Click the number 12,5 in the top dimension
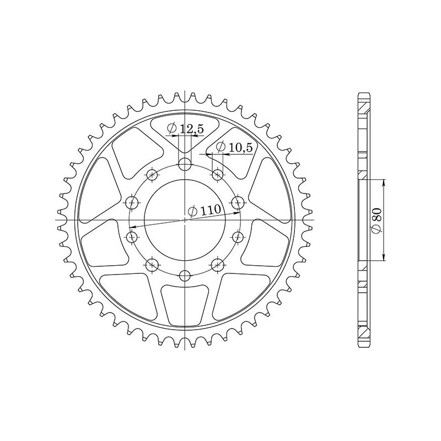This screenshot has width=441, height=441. coord(191,130)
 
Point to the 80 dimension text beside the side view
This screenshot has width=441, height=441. coord(376,219)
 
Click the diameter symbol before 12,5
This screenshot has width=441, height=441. coord(172,130)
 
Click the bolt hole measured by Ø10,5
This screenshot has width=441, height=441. coord(217,175)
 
